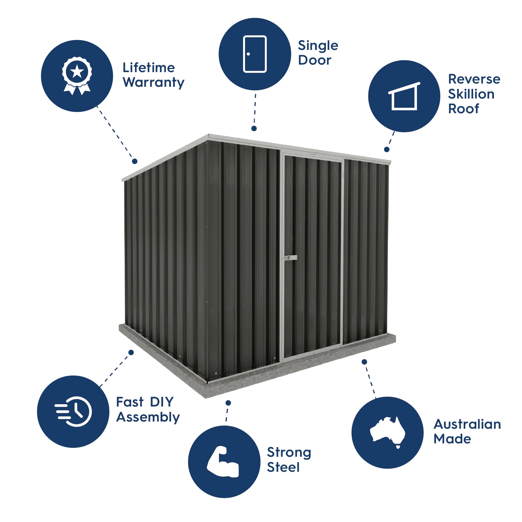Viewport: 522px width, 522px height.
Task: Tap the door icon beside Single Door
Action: pyautogui.click(x=255, y=54)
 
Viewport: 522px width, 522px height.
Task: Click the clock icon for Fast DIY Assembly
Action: pyautogui.click(x=74, y=412)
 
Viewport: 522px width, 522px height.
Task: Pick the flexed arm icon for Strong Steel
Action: pyautogui.click(x=223, y=462)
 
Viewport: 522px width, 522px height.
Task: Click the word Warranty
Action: pyautogui.click(x=153, y=83)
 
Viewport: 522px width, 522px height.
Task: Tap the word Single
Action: pyautogui.click(x=318, y=46)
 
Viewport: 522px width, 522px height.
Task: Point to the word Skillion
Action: pyautogui.click(x=471, y=94)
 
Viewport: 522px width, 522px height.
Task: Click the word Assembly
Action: pyautogui.click(x=148, y=417)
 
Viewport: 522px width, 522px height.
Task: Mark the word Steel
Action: pyautogui.click(x=283, y=468)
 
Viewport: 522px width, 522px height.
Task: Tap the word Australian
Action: pyautogui.click(x=467, y=424)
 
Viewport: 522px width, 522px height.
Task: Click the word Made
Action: pyautogui.click(x=452, y=439)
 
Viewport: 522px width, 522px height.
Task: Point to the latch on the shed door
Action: pyautogui.click(x=289, y=258)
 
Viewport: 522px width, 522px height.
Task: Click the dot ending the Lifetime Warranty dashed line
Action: pyautogui.click(x=135, y=161)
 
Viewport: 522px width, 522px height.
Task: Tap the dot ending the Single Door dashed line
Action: pyautogui.click(x=254, y=129)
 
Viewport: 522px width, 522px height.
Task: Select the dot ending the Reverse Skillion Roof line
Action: pyautogui.click(x=387, y=149)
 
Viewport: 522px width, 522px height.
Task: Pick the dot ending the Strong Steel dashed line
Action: pyautogui.click(x=228, y=403)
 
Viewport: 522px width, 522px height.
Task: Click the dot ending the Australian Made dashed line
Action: pyautogui.click(x=364, y=362)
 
